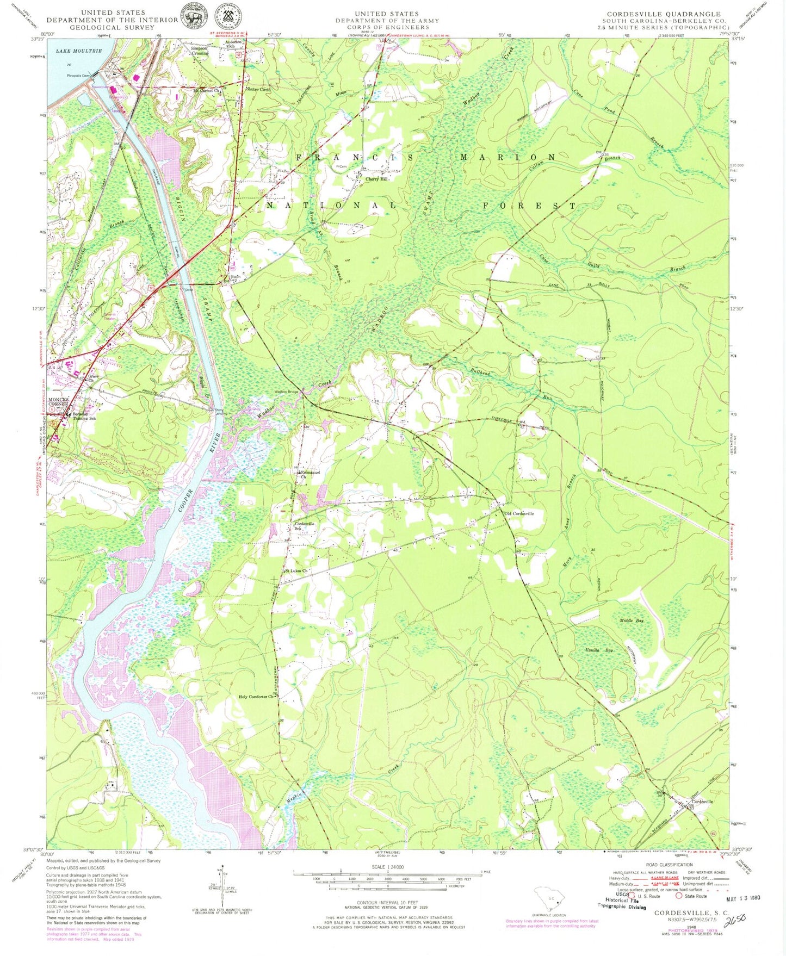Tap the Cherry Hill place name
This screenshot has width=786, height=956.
click(377, 179)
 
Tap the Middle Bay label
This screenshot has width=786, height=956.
click(632, 620)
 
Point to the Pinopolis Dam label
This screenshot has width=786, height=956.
click(77, 76)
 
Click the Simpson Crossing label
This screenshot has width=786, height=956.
click(199, 51)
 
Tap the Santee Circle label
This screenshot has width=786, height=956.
click(258, 90)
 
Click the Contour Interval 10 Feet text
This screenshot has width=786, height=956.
click(387, 903)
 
